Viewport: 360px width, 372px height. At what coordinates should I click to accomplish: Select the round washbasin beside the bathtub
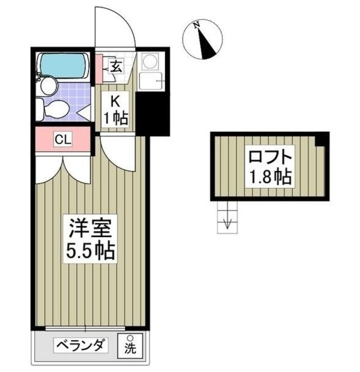48,86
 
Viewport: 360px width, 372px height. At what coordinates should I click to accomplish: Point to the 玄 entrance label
115,66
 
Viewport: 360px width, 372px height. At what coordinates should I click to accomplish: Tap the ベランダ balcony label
81,345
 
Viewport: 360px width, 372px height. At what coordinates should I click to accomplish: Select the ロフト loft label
269,157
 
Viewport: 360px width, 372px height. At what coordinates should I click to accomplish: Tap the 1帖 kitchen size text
115,119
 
